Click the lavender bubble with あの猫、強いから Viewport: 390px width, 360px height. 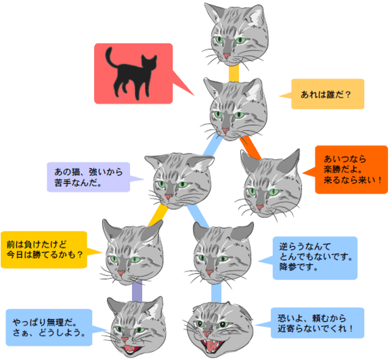pos(89,177)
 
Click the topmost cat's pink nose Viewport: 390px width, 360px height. pos(227,55)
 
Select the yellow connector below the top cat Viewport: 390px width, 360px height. pos(234,73)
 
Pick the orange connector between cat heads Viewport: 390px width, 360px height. pos(251,148)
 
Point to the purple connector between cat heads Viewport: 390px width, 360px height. pos(137,291)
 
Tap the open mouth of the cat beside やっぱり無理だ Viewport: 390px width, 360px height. pos(131,348)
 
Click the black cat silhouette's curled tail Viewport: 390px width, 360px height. pos(110,58)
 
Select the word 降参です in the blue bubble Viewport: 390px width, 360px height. pos(299,267)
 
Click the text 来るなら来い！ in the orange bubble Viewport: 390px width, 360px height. pos(353,180)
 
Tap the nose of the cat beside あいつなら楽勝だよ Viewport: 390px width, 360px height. pos(260,207)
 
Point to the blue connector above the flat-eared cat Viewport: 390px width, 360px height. pos(216,293)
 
